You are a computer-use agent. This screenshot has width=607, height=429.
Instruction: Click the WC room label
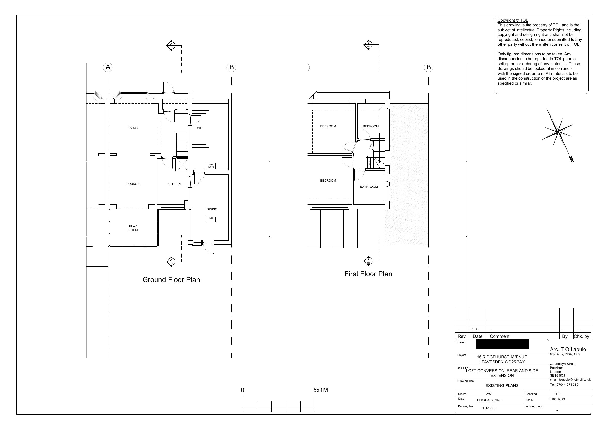point(199,128)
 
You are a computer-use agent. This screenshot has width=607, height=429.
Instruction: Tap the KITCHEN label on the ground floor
point(174,184)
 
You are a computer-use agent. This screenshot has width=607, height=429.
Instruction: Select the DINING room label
point(212,209)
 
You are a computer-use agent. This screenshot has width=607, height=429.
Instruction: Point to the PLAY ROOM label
point(133,228)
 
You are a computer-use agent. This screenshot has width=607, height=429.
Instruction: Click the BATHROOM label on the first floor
point(369,187)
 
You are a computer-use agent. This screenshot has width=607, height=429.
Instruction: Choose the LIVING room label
point(133,128)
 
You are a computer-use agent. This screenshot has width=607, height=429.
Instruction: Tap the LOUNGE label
point(133,184)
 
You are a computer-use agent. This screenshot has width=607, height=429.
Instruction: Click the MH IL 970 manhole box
point(211,166)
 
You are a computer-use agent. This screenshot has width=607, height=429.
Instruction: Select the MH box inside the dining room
point(211,220)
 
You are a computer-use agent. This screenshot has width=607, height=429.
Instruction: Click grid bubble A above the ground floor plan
point(108,67)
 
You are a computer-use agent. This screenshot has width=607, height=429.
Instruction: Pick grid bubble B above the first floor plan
point(428,67)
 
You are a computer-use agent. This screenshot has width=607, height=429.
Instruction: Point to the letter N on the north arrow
point(571,159)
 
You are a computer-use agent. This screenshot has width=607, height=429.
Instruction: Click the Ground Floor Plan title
point(171,280)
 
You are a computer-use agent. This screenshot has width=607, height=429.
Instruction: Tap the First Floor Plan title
point(368,274)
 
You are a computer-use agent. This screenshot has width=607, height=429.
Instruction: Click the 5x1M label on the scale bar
point(320,390)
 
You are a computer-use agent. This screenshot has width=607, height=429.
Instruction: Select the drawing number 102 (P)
point(489,408)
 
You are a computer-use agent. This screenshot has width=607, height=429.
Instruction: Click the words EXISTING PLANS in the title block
point(502,385)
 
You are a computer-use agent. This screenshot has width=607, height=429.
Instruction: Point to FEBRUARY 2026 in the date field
point(489,400)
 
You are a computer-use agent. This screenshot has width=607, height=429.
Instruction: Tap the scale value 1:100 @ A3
point(557,399)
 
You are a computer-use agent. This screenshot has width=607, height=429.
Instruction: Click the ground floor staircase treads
point(182,144)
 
